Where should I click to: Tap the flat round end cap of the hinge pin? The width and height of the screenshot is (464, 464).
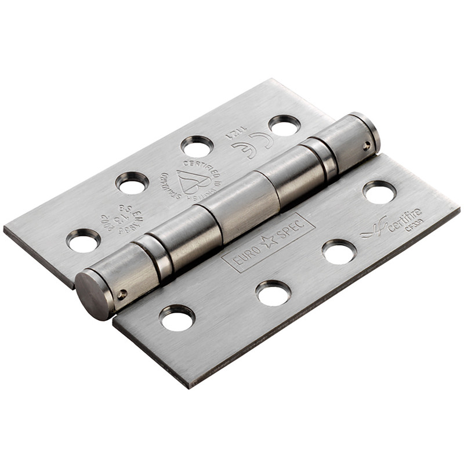tap(93, 293)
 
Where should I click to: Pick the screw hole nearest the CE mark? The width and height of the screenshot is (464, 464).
tap(284, 124)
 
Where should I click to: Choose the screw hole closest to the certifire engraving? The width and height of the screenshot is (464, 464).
tap(379, 192)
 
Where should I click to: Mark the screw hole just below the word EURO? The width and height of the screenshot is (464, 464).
tap(273, 292)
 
